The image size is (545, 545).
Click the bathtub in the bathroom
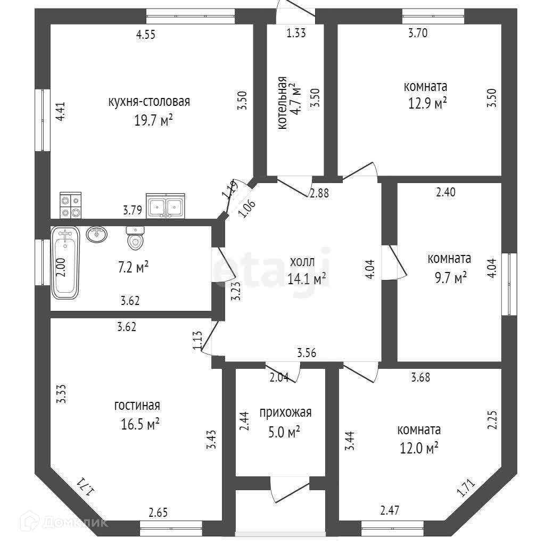tap(65, 261)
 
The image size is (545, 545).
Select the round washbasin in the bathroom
tap(96, 234)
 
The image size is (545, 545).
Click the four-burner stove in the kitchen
tap(70, 205)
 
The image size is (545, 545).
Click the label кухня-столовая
tap(149, 102)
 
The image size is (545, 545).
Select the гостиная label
tap(137, 406)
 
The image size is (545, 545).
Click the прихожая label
tap(285, 412)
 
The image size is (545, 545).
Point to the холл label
tap(302, 262)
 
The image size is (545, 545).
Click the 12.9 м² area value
tap(425, 103)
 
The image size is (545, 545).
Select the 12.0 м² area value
tap(419, 448)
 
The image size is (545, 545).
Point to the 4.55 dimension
tap(146, 35)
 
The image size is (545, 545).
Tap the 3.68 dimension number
tap(420, 378)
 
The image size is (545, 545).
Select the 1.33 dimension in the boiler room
tap(296, 33)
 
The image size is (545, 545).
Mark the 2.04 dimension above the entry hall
tap(279, 378)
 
